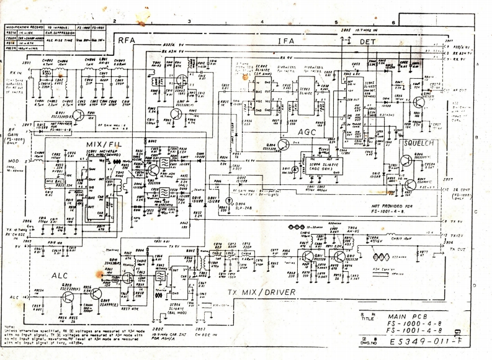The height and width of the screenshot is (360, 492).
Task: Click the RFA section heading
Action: pos(127,40)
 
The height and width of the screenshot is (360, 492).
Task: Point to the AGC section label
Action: pos(308,132)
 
